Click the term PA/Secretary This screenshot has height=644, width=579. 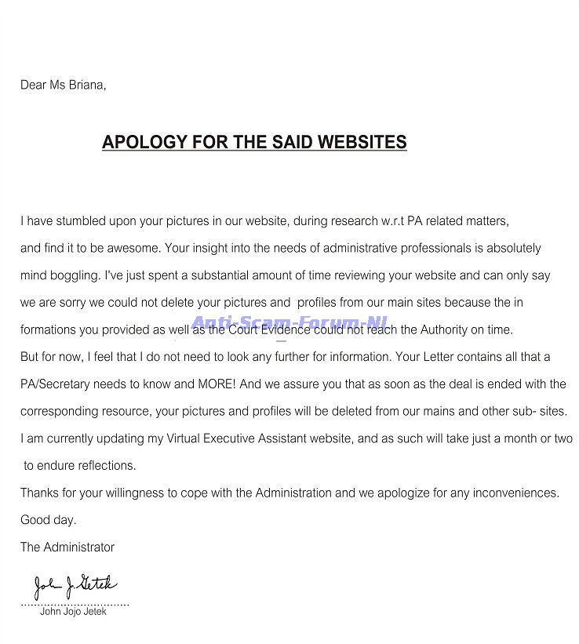pos(56,384)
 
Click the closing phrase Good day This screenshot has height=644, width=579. pos(48,519)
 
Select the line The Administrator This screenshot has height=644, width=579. pos(67,547)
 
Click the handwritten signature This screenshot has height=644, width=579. pos(75,584)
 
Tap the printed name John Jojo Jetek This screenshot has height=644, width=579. pos(73,612)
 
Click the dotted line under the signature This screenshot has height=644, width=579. pos(75,604)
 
